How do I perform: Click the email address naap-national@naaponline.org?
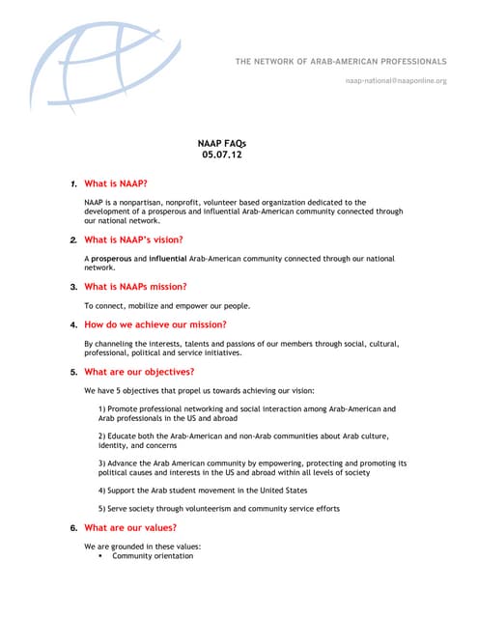coord(396,81)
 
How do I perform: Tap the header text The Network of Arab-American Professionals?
coord(341,62)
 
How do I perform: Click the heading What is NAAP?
coord(116,183)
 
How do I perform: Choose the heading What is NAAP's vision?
coord(133,239)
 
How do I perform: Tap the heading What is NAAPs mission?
coord(135,287)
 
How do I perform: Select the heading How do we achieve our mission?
coord(155,324)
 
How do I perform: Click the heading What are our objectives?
coord(139,372)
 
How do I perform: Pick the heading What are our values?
coord(130,528)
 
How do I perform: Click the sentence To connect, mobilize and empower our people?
coord(167,305)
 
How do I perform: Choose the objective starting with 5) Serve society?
coord(219,509)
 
